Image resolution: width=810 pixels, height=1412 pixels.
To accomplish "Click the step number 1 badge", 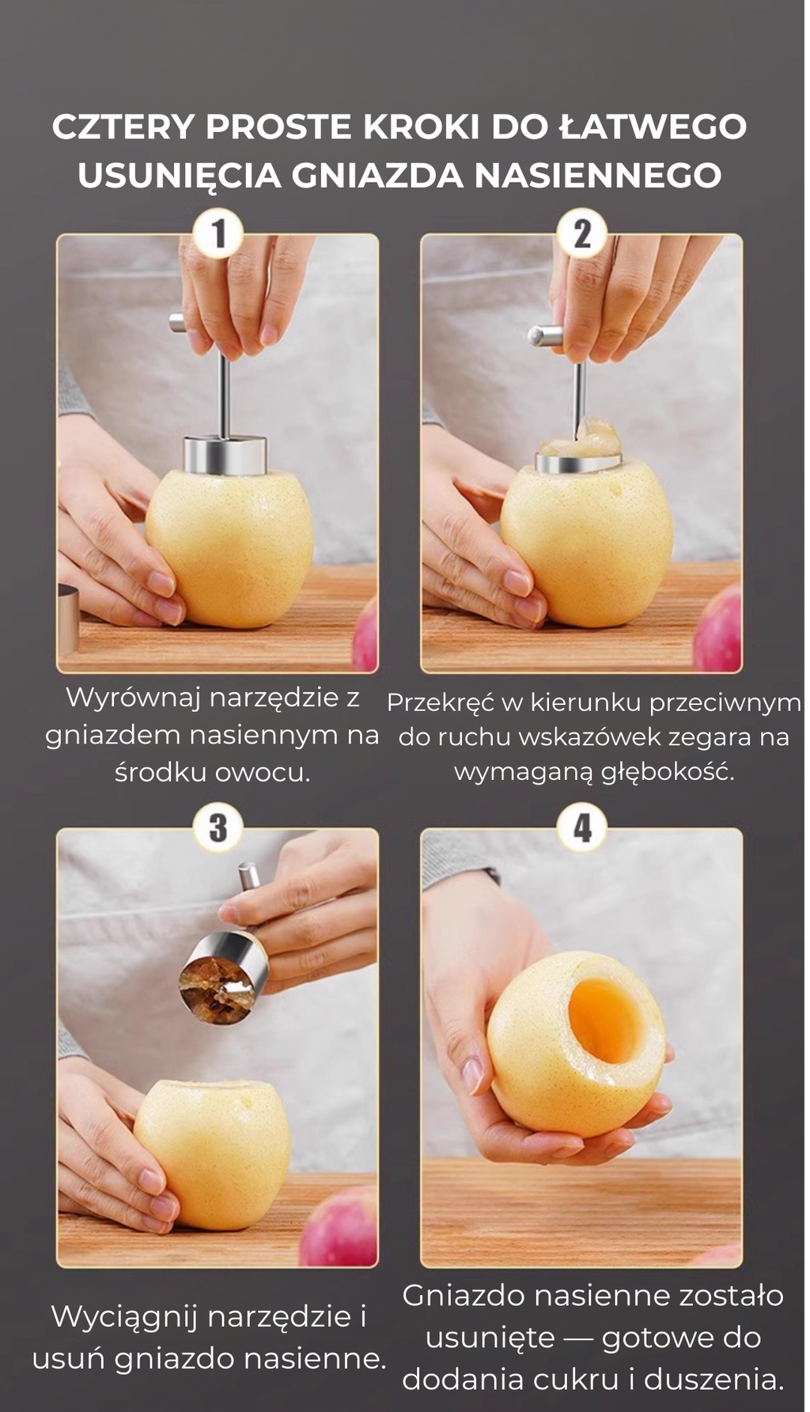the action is tap(218, 234).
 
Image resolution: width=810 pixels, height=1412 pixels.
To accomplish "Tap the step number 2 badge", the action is tap(582, 234).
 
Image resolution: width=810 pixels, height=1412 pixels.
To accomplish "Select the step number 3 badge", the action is tap(218, 828).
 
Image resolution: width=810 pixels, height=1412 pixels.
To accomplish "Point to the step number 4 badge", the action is tap(582, 828).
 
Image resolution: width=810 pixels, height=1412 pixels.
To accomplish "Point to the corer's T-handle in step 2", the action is tap(545, 335).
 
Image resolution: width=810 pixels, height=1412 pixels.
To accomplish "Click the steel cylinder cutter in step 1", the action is tap(225, 455).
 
